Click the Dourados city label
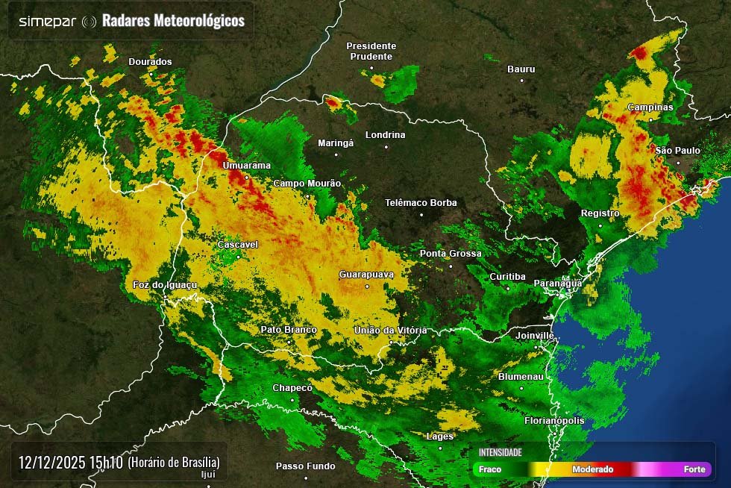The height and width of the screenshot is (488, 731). [x=150, y=62]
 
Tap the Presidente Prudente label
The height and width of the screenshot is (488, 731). [x=371, y=51]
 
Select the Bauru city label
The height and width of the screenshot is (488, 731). [x=521, y=69]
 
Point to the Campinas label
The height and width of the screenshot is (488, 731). [x=650, y=107]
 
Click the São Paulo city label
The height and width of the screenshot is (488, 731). [x=677, y=151]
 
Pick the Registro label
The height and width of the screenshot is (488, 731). [x=600, y=213]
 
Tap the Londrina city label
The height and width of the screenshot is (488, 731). [x=386, y=135]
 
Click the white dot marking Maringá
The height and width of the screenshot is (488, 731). [x=336, y=154]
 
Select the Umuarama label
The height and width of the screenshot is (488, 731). [x=246, y=166]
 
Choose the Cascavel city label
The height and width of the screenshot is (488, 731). [x=237, y=245]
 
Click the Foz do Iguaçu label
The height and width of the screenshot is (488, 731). [x=164, y=285]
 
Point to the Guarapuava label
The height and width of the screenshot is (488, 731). [x=365, y=275]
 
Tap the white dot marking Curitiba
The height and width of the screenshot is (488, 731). [x=508, y=287]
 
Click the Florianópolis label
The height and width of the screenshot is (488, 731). [x=554, y=421]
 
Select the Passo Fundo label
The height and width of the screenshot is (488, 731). [x=305, y=466]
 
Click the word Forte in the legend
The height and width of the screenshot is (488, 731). [x=694, y=469]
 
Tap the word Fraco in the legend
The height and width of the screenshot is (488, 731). [x=490, y=469]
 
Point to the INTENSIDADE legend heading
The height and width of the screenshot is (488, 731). [x=500, y=452]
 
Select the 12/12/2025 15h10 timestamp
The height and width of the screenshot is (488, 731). [x=70, y=462]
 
